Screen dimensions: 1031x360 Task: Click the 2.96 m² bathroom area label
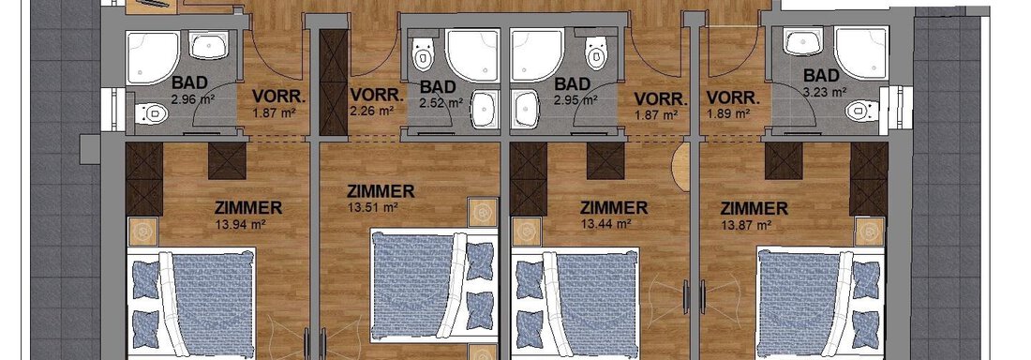pyautogui.click(x=189, y=100)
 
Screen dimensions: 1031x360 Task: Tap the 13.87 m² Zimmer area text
pyautogui.click(x=746, y=226)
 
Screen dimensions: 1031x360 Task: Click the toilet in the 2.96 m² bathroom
pyautogui.click(x=151, y=113)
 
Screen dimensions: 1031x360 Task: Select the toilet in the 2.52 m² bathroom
pyautogui.click(x=422, y=53)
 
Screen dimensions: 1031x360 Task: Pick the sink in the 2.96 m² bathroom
pyautogui.click(x=209, y=45)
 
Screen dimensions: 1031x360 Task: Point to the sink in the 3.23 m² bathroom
pyautogui.click(x=802, y=43)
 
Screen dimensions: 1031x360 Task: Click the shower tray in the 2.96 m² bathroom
pyautogui.click(x=153, y=58)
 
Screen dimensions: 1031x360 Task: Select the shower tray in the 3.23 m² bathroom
pyautogui.click(x=861, y=52)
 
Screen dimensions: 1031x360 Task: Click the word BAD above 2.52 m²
pyautogui.click(x=438, y=86)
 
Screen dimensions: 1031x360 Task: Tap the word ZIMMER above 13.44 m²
pyautogui.click(x=614, y=209)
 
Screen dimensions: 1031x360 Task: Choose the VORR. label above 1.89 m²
pyautogui.click(x=733, y=99)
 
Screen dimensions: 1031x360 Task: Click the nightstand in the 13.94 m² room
pyautogui.click(x=143, y=231)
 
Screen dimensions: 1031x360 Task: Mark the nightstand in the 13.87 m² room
pyautogui.click(x=870, y=231)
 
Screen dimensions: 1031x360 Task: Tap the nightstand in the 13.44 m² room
pyautogui.click(x=526, y=231)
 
